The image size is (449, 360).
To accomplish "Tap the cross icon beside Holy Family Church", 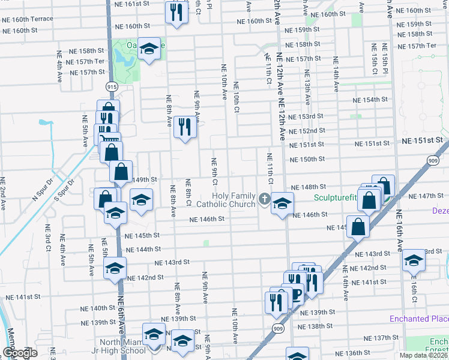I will pyautogui.click(x=265, y=199).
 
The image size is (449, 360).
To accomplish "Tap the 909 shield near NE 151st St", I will pyautogui.click(x=433, y=160).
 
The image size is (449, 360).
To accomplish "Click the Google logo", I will pyautogui.click(x=19, y=352).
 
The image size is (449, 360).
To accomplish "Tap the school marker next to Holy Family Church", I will pyautogui.click(x=282, y=203).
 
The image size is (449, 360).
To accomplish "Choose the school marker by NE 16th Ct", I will pyautogui.click(x=414, y=259).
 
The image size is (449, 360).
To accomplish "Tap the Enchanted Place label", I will pyautogui.click(x=418, y=318).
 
